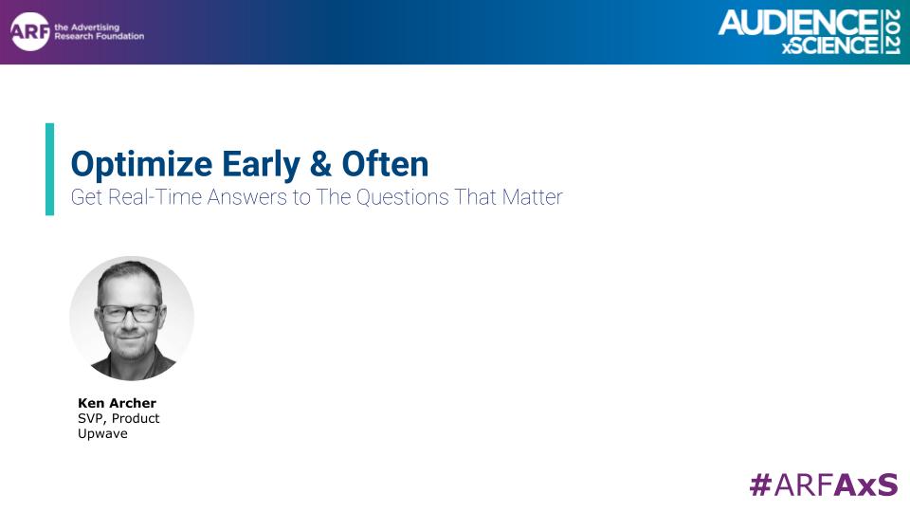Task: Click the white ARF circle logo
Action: pos(29,31)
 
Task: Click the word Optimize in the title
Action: pos(141,165)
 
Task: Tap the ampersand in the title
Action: pos(320,164)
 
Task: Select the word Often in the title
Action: pos(386,164)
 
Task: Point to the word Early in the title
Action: pos(262,165)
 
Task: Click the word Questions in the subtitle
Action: pos(403,197)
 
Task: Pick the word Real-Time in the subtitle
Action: pos(155,197)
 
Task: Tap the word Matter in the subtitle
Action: pos(532,197)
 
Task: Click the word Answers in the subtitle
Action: pos(247,197)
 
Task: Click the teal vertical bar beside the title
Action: pos(50,169)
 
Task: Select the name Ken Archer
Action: pos(117,403)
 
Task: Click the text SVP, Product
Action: pos(118,418)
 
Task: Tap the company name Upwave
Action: pos(102,433)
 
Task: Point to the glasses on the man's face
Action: pos(130,314)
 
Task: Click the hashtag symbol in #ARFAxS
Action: pos(760,485)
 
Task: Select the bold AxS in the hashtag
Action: pos(865,485)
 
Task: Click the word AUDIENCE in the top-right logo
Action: pos(798,23)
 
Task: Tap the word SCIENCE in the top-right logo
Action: pos(835,46)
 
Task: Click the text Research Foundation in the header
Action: pos(100,36)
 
